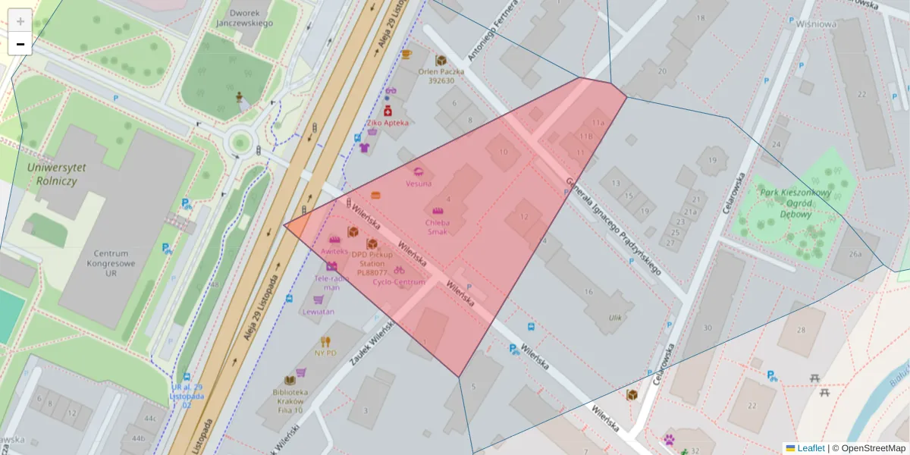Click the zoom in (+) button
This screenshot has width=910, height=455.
pos(20,20)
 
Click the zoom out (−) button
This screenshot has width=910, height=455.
pos(20,44)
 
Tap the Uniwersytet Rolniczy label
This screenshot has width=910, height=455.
pos(56,174)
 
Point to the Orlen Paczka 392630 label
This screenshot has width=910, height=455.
pos(441,76)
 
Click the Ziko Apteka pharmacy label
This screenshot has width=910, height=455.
pos(388,122)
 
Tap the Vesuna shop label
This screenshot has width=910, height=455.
pos(419,183)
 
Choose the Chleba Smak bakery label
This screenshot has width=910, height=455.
pos(438,227)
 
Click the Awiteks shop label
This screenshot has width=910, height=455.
pos(334,250)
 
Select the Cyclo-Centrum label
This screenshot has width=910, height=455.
pos(399,282)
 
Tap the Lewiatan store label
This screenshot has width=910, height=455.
pos(318,311)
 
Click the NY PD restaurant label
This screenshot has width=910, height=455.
pos(325,352)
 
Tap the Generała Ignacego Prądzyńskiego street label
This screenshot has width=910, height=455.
pos(613,226)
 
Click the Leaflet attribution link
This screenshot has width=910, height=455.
pos(811,448)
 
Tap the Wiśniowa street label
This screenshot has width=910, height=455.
pos(816,24)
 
